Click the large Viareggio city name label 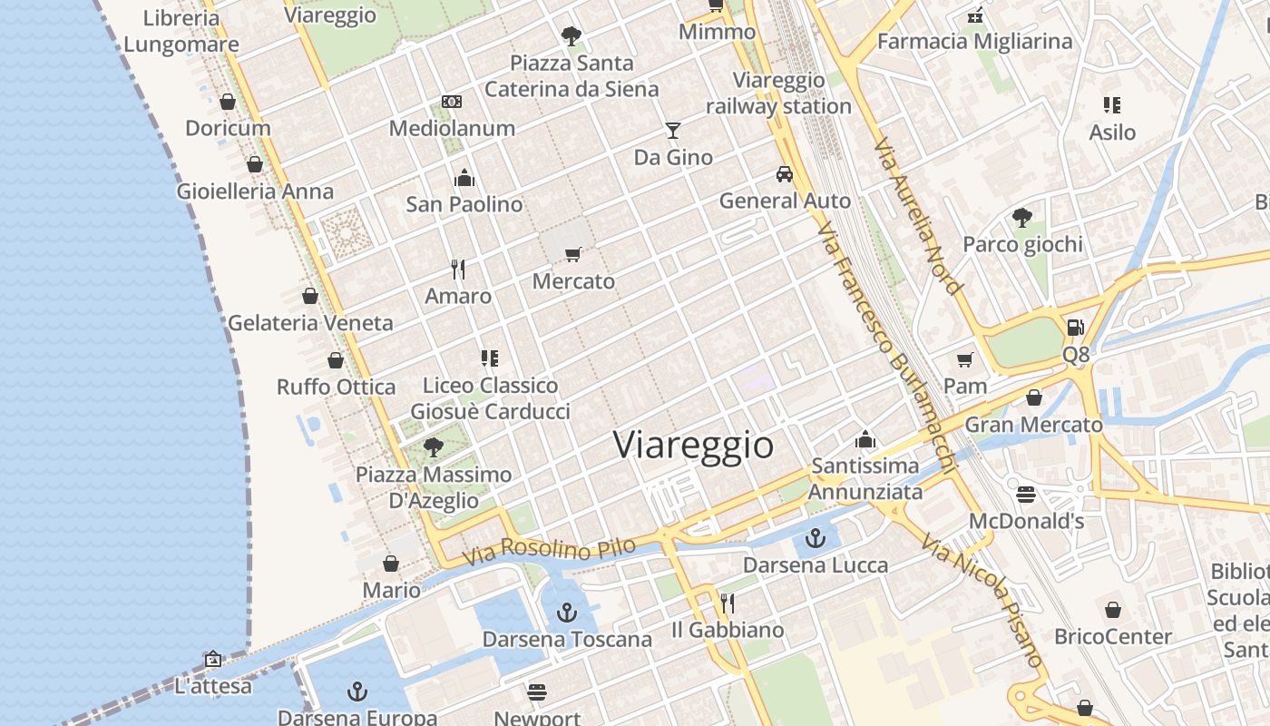694,446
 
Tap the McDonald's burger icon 1026,495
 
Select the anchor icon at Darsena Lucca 816,538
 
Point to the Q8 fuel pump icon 1075,327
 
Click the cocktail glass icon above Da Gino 672,131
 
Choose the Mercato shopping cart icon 572,255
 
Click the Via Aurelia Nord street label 917,216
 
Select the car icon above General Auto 785,174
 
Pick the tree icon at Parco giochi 1022,218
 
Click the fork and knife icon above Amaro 458,270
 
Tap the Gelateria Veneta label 310,323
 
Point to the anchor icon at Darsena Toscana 567,613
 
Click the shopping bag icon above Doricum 228,102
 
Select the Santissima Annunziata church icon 865,440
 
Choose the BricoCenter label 1113,636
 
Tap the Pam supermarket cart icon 965,359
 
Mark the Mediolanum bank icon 452,102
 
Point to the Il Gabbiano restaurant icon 727,603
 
